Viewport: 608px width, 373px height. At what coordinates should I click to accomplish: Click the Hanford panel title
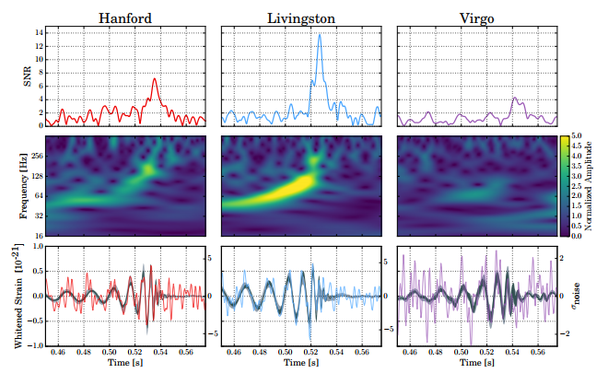126,17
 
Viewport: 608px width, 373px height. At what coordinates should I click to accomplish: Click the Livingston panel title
302,17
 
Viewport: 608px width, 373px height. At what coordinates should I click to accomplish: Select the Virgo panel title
477,17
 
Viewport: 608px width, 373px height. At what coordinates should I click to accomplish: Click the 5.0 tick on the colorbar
575,136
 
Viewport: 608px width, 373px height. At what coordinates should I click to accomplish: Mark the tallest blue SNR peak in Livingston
320,34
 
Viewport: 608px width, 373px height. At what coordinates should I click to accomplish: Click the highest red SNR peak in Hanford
155,80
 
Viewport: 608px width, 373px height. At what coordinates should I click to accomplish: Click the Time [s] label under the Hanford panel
126,365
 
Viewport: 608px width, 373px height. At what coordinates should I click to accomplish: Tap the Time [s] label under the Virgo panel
477,365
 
